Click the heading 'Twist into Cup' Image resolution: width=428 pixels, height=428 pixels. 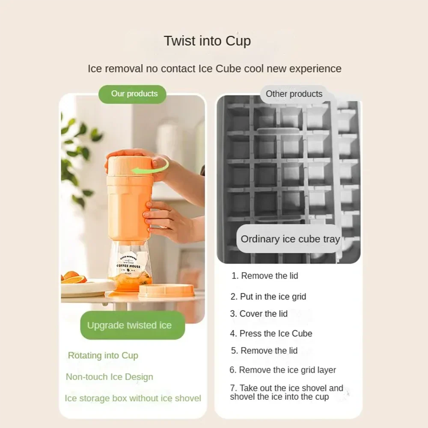[x=207, y=41]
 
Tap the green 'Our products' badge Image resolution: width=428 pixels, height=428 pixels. [x=133, y=94]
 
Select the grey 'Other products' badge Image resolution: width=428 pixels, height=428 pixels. [x=294, y=94]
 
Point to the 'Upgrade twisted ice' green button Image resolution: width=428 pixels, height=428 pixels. [x=129, y=325]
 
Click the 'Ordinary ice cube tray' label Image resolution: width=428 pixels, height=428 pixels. [x=290, y=239]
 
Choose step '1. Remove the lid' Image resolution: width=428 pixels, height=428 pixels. [x=265, y=276]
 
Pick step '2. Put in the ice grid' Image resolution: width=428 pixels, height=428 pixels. [x=268, y=297]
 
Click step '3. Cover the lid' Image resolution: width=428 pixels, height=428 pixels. [x=259, y=314]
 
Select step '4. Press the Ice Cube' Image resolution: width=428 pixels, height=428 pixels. [x=271, y=333]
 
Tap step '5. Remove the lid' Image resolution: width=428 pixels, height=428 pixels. [x=264, y=351]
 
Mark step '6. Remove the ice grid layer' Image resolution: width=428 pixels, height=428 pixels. [x=282, y=370]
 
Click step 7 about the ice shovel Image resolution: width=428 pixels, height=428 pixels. [x=286, y=392]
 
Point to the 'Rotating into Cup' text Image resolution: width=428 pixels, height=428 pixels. [x=103, y=356]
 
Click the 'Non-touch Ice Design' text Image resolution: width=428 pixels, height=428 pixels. [x=109, y=377]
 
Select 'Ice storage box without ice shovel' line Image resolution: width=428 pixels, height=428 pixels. [x=133, y=398]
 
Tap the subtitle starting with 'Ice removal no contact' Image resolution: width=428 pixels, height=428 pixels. [x=214, y=68]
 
